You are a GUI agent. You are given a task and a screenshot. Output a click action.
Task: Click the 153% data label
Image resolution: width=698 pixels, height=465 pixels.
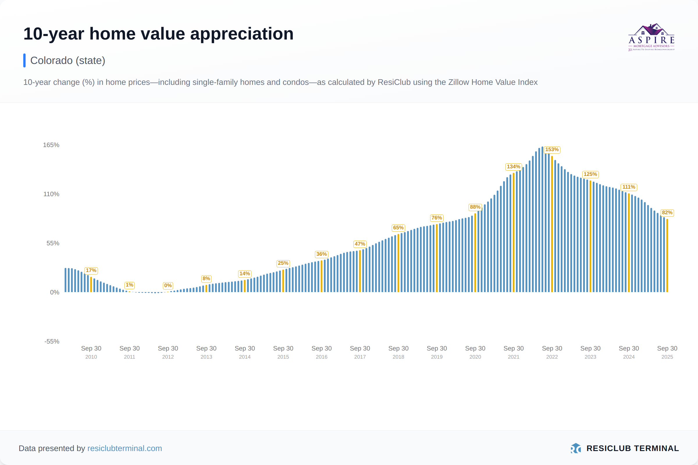click(x=552, y=150)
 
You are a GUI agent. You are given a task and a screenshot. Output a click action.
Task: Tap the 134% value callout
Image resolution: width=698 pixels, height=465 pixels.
click(x=513, y=167)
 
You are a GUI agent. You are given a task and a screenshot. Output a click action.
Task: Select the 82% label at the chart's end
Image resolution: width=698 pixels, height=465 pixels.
click(x=667, y=213)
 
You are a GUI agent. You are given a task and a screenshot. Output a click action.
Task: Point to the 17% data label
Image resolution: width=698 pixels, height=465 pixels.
click(x=91, y=271)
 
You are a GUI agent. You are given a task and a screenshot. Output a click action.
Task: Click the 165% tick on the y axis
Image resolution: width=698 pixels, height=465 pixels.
click(x=51, y=145)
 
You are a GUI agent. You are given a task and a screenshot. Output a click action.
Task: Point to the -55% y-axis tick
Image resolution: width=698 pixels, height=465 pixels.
click(x=52, y=341)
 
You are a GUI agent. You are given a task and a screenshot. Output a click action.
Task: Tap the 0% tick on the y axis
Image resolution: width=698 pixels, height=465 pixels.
click(x=55, y=292)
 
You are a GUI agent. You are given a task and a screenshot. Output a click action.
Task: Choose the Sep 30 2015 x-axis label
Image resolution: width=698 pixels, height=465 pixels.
click(x=283, y=352)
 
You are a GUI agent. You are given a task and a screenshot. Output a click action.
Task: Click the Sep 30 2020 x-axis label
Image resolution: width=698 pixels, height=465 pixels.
click(x=475, y=352)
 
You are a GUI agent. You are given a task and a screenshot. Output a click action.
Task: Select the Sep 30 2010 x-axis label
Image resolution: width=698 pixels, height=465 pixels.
click(x=91, y=352)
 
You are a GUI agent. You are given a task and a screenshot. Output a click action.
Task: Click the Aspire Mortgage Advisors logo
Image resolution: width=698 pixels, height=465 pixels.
click(x=651, y=37)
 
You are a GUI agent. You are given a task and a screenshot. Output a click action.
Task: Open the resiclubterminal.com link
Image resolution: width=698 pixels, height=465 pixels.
click(x=125, y=448)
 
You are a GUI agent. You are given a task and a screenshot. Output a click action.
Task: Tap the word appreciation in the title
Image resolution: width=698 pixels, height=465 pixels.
click(x=242, y=34)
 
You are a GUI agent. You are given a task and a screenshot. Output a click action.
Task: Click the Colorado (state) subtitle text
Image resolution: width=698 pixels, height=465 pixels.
click(x=68, y=60)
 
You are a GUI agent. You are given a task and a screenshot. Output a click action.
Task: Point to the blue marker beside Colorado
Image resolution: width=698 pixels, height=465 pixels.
click(x=24, y=60)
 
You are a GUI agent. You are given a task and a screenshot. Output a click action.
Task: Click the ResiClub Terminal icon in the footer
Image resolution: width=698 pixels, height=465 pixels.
click(x=576, y=448)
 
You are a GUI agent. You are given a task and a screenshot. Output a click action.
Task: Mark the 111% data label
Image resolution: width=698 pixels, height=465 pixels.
click(x=628, y=187)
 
